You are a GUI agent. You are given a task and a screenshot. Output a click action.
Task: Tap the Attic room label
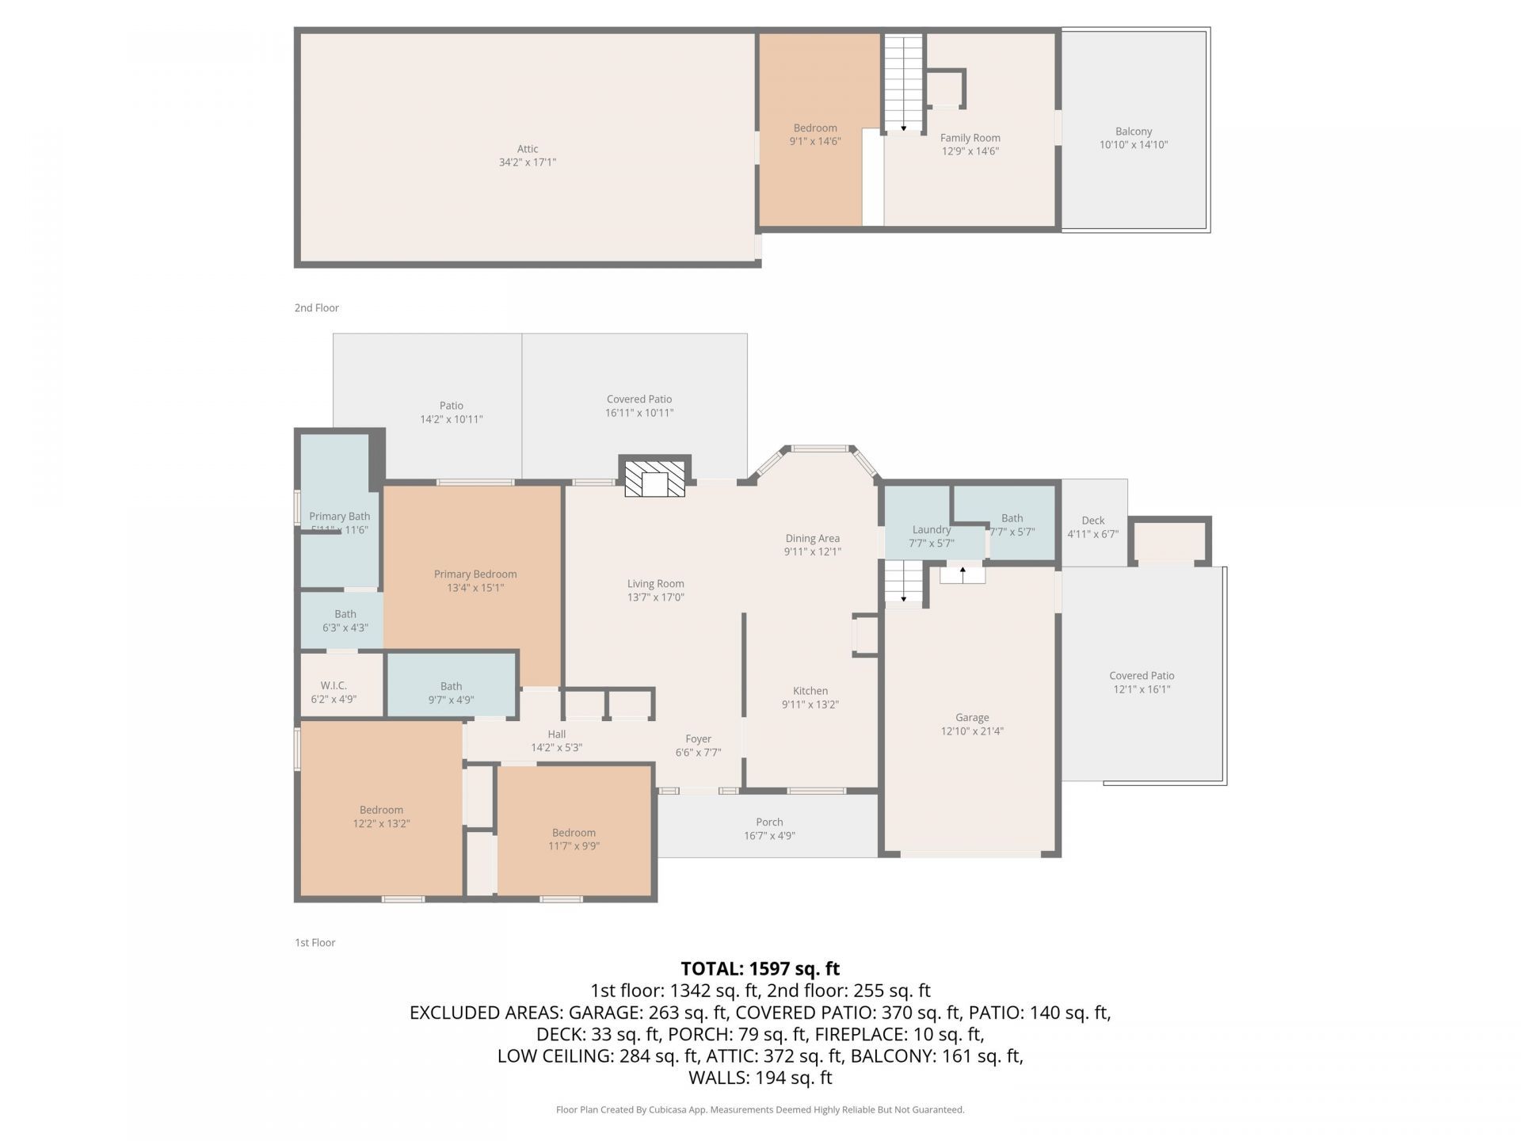pyautogui.click(x=528, y=149)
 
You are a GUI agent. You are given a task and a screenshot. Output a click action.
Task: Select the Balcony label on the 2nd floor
pyautogui.click(x=1134, y=132)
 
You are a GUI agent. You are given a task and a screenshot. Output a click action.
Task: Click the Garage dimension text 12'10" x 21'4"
pyautogui.click(x=972, y=731)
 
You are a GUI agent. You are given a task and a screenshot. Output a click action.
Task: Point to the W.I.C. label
pyautogui.click(x=334, y=685)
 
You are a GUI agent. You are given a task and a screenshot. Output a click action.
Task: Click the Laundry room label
pyautogui.click(x=931, y=529)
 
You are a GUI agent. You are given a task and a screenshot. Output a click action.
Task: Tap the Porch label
pyautogui.click(x=769, y=822)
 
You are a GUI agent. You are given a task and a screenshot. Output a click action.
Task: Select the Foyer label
pyautogui.click(x=699, y=739)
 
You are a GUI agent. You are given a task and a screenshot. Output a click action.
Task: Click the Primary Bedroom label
pyautogui.click(x=475, y=574)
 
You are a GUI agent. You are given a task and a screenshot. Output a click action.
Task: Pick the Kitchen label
pyautogui.click(x=810, y=691)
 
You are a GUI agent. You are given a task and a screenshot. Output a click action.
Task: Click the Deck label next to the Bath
pyautogui.click(x=1093, y=521)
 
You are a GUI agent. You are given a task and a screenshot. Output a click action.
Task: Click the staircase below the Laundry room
pyautogui.click(x=904, y=582)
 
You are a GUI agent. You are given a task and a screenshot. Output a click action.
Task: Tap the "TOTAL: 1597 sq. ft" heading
pyautogui.click(x=760, y=968)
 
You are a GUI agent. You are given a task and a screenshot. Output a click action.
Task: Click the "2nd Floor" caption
pyautogui.click(x=317, y=307)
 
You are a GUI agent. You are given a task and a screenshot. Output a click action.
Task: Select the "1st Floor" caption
pyautogui.click(x=315, y=942)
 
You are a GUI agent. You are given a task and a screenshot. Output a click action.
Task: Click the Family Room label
pyautogui.click(x=970, y=138)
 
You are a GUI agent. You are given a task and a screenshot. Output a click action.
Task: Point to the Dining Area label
pyautogui.click(x=813, y=539)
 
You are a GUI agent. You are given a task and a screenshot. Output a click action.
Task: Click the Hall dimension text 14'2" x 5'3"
pyautogui.click(x=557, y=747)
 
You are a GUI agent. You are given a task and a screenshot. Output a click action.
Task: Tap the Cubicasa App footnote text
pyautogui.click(x=760, y=1110)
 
